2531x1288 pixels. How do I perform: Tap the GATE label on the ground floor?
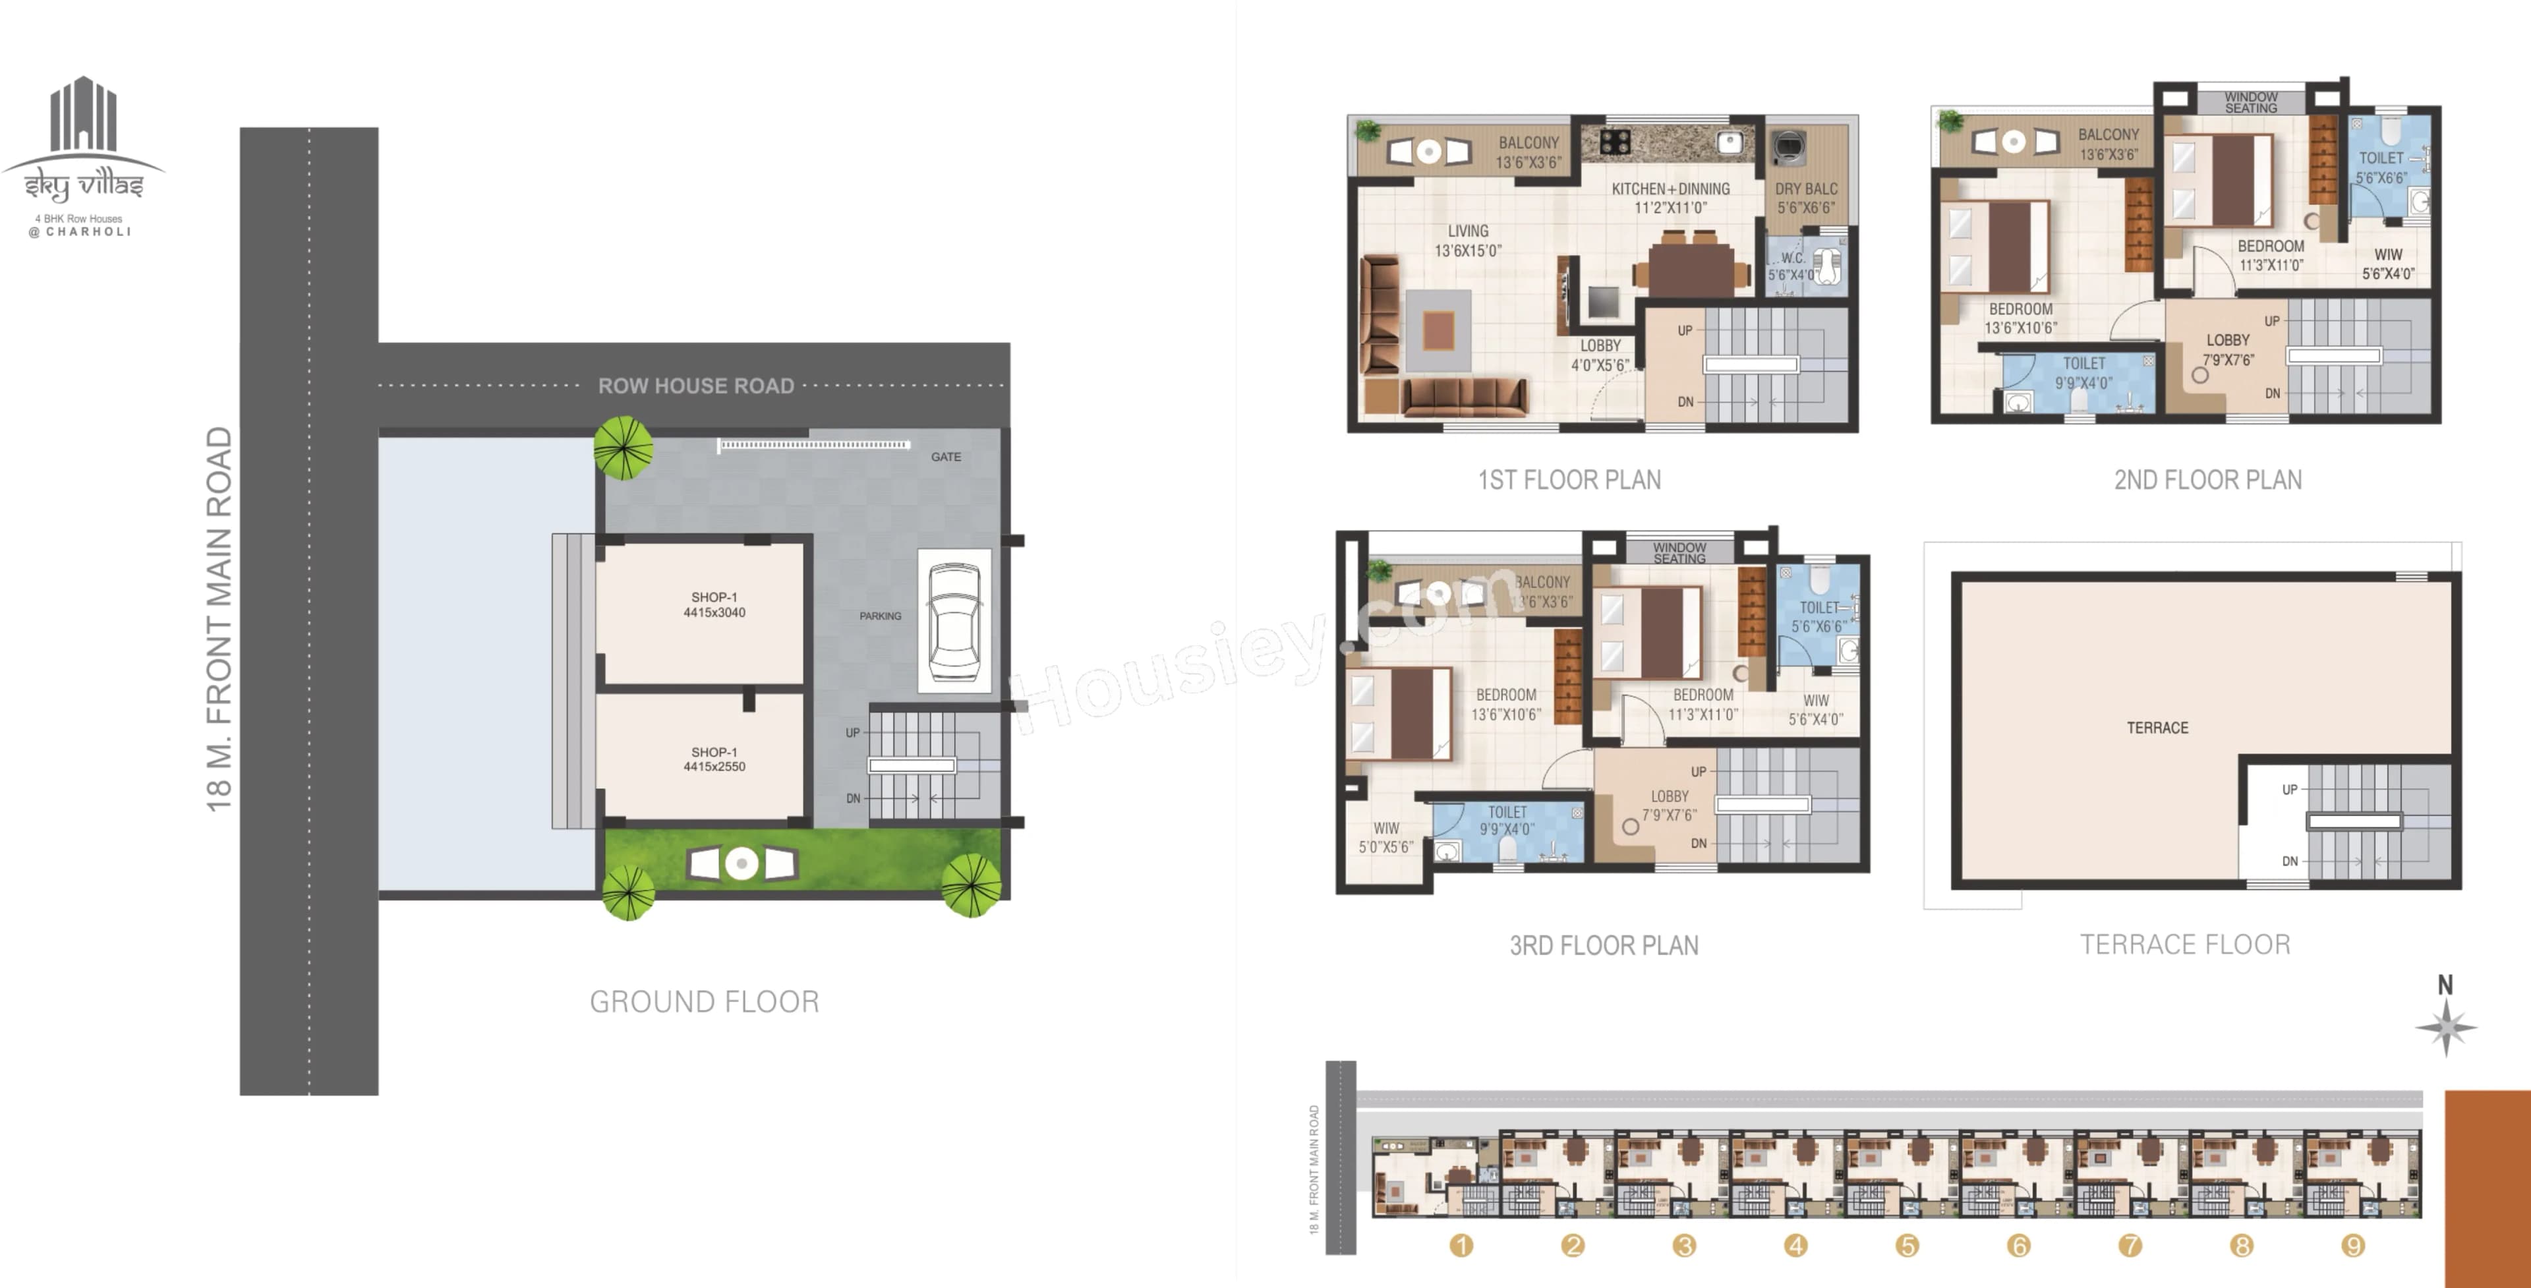[x=945, y=457]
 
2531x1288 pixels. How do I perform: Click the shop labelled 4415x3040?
[x=714, y=604]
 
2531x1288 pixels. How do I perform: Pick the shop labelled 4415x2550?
[x=714, y=759]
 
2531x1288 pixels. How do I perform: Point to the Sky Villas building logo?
[x=84, y=116]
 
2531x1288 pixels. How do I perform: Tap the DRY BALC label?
[x=1806, y=198]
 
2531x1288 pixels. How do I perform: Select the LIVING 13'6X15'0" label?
[x=1468, y=241]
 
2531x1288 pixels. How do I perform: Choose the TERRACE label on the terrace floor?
[x=2158, y=728]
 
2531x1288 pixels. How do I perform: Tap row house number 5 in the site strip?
[x=1907, y=1246]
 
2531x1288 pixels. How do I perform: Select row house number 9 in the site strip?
[x=2352, y=1246]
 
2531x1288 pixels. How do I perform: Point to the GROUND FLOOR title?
[x=705, y=1002]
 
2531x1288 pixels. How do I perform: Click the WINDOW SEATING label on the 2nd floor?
[x=2250, y=102]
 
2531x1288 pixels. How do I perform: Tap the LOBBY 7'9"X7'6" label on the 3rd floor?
[x=1670, y=805]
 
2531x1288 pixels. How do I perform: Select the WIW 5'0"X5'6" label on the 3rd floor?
[x=1386, y=837]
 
